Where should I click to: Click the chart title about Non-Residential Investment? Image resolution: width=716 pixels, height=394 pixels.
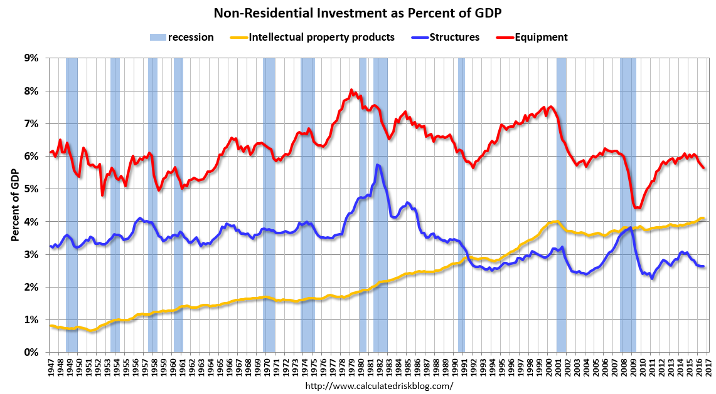[358, 13]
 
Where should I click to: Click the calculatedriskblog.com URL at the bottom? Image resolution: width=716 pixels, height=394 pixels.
[378, 386]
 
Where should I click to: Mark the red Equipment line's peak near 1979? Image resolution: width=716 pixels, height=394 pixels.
[351, 90]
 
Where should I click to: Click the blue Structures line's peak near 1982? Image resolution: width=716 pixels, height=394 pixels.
[377, 165]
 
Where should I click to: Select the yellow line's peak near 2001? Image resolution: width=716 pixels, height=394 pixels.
[556, 221]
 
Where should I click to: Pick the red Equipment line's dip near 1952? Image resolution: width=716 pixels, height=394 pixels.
[102, 195]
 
